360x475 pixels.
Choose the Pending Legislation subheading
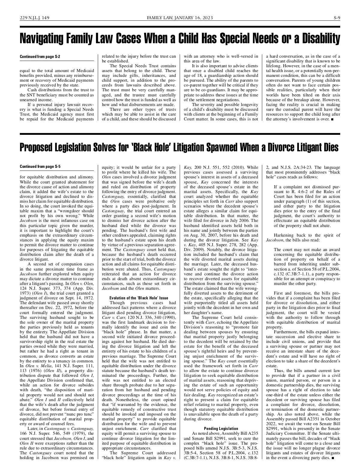pos(221,428)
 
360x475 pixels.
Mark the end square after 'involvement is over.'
pos(332,119)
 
